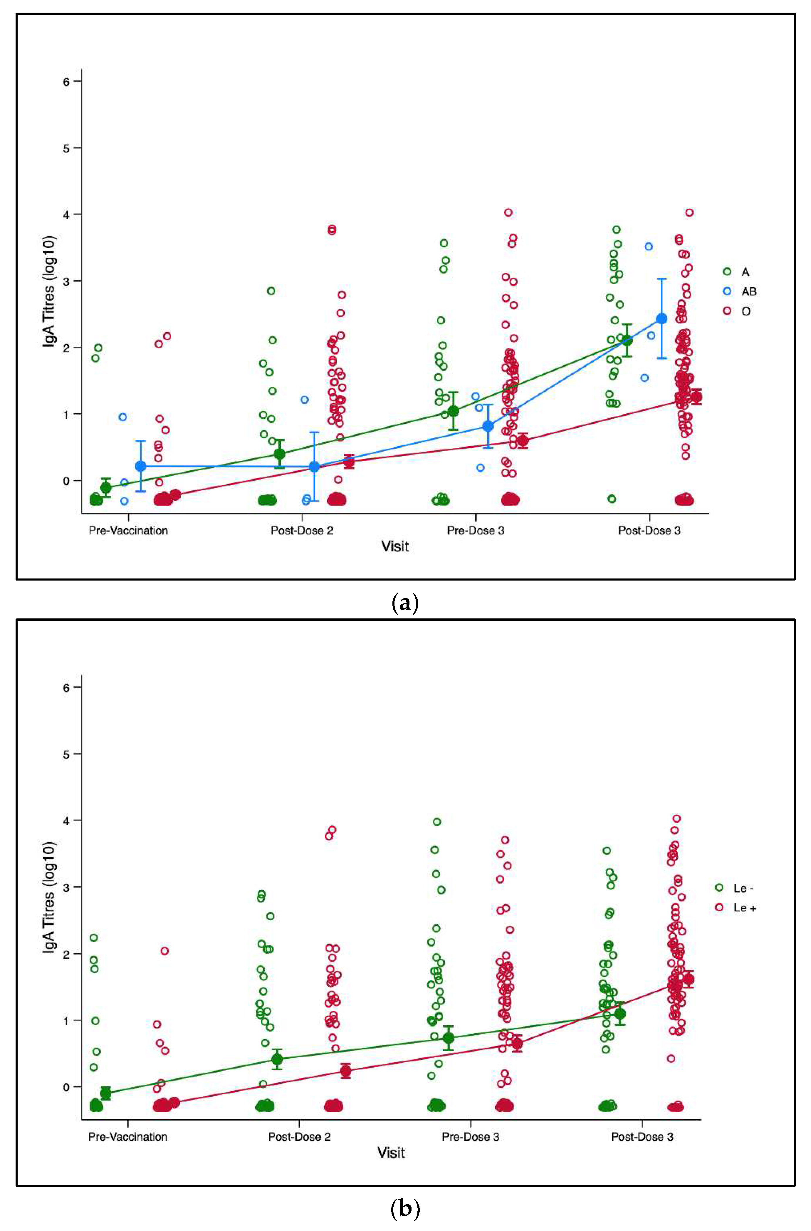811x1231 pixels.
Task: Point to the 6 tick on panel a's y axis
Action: tap(66, 81)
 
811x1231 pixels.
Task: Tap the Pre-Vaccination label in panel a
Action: tap(128, 531)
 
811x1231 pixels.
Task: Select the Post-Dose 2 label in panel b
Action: tap(299, 1137)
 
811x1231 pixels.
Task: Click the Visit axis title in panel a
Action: tap(395, 547)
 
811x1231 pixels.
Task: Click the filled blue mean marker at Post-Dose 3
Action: tap(661, 318)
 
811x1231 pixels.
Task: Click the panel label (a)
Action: tap(405, 603)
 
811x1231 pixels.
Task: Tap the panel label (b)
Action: tap(405, 1209)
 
